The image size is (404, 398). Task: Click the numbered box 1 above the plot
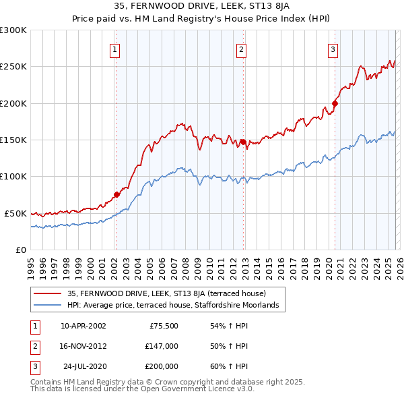(x=115, y=49)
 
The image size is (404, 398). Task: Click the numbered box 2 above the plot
(x=241, y=49)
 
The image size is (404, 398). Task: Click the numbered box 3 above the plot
(x=333, y=49)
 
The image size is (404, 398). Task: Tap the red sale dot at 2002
(x=116, y=194)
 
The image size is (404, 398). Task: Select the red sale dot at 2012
(x=243, y=142)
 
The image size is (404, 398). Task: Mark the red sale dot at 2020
(x=335, y=104)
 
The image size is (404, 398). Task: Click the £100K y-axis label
(x=13, y=176)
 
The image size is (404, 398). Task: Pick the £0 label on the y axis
(x=20, y=250)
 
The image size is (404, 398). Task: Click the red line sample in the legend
(x=48, y=293)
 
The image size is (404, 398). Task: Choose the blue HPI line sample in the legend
(x=48, y=306)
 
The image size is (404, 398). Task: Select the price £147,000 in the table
(x=162, y=346)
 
